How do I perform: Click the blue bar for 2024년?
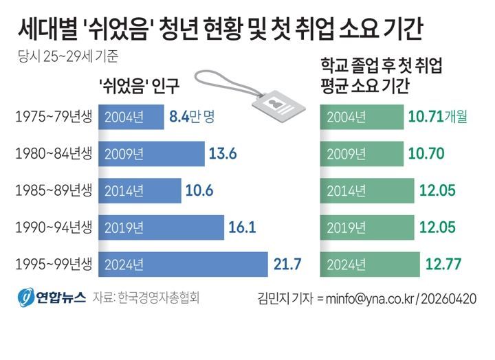click(x=184, y=264)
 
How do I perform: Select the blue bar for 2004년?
click(x=131, y=117)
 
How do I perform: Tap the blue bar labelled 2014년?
click(x=140, y=190)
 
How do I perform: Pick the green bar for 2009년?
click(x=362, y=153)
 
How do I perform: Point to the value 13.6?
click(x=223, y=153)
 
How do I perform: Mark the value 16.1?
click(x=243, y=227)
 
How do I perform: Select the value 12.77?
click(x=443, y=264)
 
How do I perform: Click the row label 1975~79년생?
click(x=52, y=117)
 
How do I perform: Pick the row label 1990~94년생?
click(x=52, y=227)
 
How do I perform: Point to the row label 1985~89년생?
click(x=52, y=190)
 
